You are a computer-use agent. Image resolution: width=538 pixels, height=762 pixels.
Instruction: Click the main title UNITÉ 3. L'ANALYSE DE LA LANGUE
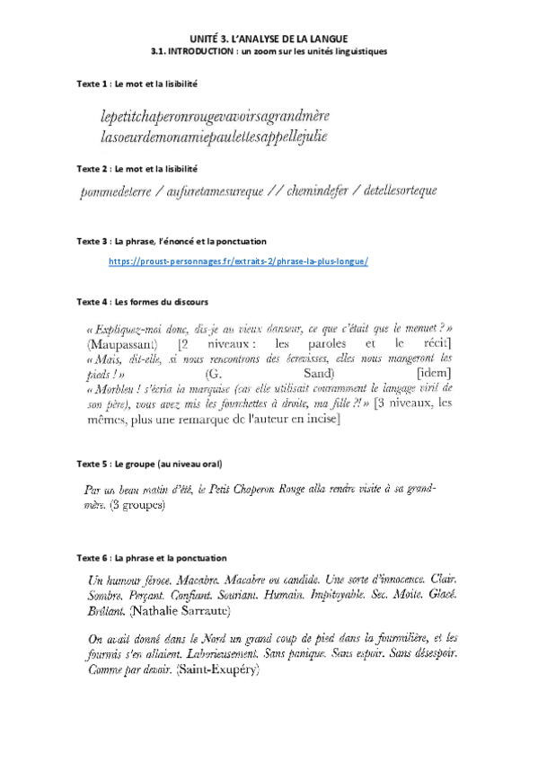tap(269, 39)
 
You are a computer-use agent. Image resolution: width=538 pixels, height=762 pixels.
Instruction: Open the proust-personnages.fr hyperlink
tap(238, 261)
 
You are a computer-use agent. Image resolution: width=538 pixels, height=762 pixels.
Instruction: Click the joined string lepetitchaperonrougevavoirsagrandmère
tap(228, 118)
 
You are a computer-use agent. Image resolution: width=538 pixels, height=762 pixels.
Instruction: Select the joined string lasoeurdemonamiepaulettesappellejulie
tap(215, 137)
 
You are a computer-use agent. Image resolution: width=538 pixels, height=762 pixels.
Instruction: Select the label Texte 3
tap(92, 242)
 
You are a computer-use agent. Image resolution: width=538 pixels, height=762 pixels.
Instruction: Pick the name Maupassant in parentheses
tap(124, 345)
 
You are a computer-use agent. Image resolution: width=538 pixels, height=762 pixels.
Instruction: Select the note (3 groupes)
tap(137, 507)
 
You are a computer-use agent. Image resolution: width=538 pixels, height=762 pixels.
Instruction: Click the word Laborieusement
tap(212, 654)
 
